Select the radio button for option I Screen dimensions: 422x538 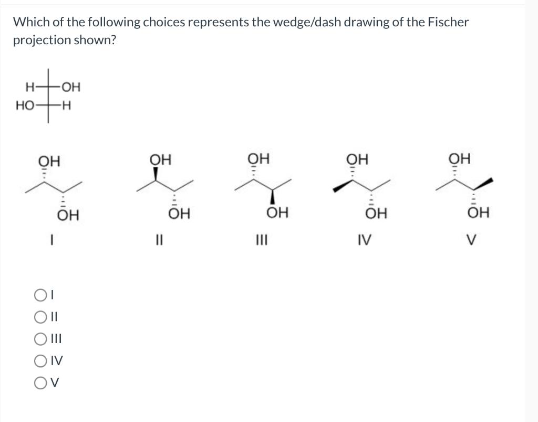(40, 296)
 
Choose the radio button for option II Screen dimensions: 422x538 (40, 317)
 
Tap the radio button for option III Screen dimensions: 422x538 (40, 339)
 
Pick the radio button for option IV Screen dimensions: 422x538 (40, 360)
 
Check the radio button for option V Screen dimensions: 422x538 (40, 382)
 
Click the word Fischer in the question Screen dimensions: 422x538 (448, 22)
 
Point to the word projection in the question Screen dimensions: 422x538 (39, 41)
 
